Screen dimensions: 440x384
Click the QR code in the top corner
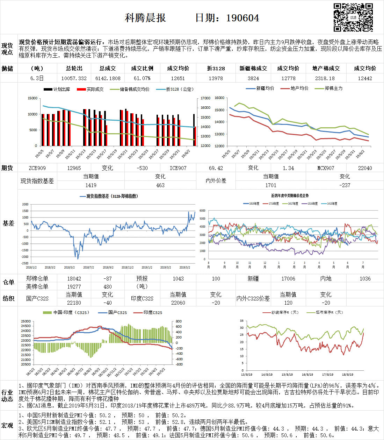click(x=353, y=17)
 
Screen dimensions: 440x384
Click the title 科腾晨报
click(x=145, y=18)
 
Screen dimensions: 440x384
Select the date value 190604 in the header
click(x=242, y=18)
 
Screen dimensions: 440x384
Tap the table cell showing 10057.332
click(x=74, y=78)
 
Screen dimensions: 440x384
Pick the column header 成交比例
click(x=142, y=69)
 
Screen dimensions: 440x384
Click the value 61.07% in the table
click(x=142, y=78)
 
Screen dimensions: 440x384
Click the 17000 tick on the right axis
click(x=205, y=98)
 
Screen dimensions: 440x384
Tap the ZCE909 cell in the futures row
click(x=37, y=168)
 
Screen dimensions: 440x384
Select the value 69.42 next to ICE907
click(x=216, y=168)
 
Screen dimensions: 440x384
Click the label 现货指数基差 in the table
click(x=37, y=181)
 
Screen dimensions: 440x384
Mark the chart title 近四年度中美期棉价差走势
click(x=290, y=196)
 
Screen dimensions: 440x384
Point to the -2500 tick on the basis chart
click(x=25, y=263)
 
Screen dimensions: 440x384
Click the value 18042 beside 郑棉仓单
click(x=74, y=279)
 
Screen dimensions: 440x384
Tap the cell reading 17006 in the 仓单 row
click(x=288, y=279)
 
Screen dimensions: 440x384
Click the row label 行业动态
click(x=7, y=396)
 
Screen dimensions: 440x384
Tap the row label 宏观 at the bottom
click(x=7, y=425)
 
